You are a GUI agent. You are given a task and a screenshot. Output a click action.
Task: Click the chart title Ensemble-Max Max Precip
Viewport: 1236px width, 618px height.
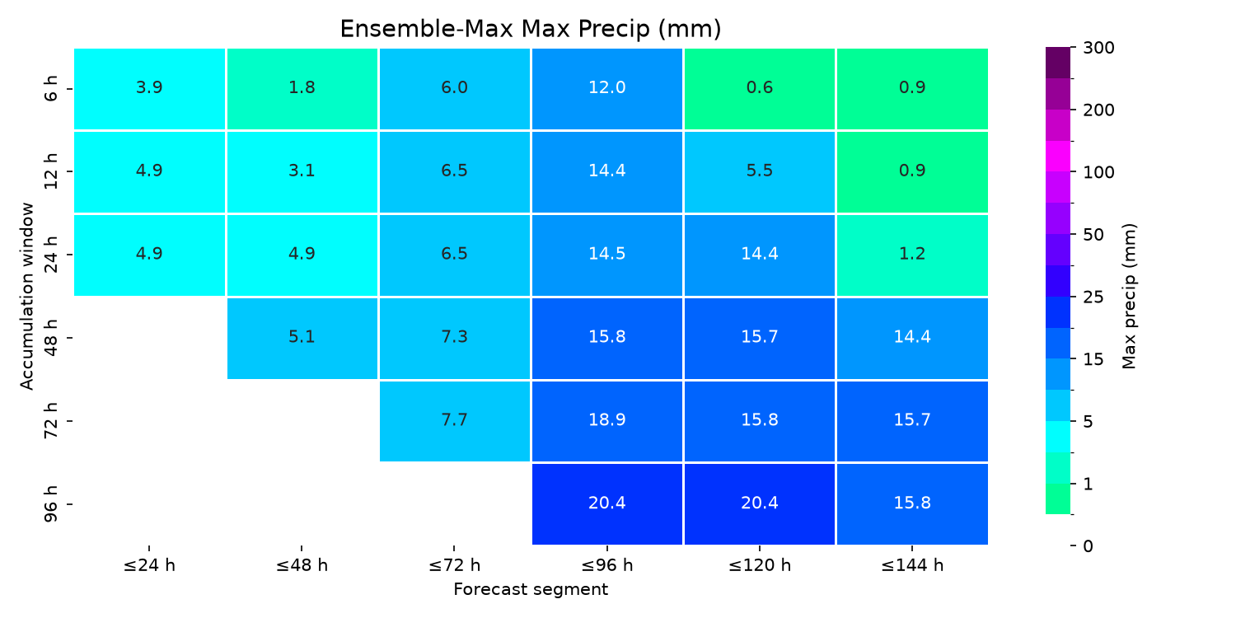tap(531, 29)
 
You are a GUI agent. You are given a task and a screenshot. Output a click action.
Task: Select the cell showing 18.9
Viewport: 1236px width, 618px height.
tap(607, 421)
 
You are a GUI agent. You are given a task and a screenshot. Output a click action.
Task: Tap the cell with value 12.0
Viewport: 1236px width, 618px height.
tap(607, 88)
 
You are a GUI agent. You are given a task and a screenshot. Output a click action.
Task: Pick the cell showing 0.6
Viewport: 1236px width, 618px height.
tap(759, 88)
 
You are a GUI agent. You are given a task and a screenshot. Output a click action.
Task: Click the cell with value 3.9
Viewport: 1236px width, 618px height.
tap(149, 88)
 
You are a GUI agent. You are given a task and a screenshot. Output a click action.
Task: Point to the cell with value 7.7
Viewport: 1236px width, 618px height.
tap(455, 421)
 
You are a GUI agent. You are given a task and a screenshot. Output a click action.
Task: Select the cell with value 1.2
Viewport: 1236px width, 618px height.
tap(912, 255)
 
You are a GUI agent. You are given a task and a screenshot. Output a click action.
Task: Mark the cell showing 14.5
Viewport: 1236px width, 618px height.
tap(607, 255)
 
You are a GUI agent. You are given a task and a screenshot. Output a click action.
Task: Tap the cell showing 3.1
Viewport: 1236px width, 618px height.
tap(302, 171)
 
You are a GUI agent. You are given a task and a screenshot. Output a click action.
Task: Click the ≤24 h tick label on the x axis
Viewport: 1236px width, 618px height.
tap(149, 565)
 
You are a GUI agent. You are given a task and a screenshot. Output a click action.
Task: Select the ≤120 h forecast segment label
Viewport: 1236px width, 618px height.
tap(759, 565)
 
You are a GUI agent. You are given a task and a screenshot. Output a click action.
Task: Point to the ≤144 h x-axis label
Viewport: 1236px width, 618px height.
tap(912, 565)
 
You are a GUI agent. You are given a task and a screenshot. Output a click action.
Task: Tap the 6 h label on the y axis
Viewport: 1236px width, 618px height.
tap(50, 88)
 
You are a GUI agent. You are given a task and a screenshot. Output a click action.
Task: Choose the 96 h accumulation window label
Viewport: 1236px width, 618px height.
tap(50, 503)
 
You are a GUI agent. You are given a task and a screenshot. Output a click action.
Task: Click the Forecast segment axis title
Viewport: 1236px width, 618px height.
tap(531, 589)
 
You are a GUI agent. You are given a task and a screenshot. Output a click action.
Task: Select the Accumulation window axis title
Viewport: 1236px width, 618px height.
tap(26, 297)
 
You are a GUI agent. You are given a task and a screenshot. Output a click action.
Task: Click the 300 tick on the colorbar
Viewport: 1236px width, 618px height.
tap(1098, 48)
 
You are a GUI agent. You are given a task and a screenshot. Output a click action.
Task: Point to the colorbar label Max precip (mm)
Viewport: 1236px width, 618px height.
tap(1129, 297)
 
